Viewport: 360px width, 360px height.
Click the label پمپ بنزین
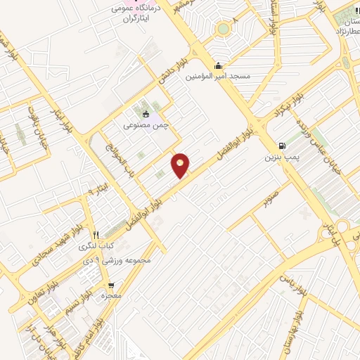pyautogui.click(x=279, y=157)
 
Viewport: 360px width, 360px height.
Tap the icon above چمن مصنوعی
pyautogui.click(x=146, y=115)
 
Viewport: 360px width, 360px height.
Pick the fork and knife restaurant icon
pyautogui.click(x=96, y=235)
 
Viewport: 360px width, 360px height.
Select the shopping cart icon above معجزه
pyautogui.click(x=111, y=285)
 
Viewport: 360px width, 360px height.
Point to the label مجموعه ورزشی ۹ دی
pyautogui.click(x=136, y=262)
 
